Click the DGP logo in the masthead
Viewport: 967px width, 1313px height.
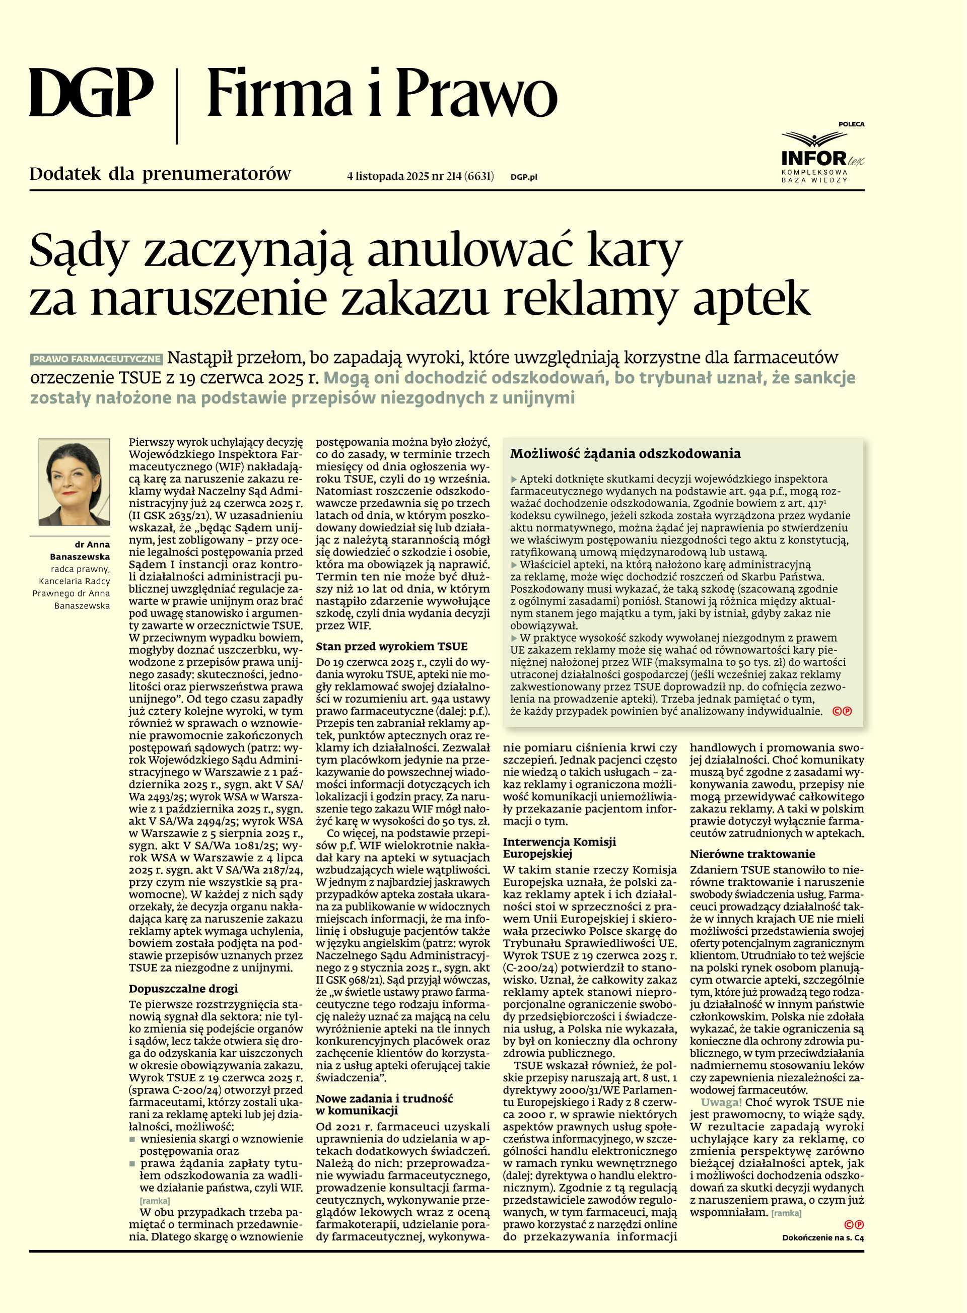coord(91,93)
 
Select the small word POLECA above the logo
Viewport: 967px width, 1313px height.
coord(851,124)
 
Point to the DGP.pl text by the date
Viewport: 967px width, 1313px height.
coord(523,177)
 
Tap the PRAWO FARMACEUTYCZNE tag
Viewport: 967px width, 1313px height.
coord(97,359)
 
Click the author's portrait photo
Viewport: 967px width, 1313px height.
coord(75,482)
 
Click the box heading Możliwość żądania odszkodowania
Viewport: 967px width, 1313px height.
coord(625,454)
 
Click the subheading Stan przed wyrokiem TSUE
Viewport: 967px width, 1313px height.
coord(392,647)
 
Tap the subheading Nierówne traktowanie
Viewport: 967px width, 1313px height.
coord(752,854)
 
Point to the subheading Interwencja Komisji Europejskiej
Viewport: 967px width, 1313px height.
coord(559,848)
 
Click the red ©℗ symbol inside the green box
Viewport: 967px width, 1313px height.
coord(842,711)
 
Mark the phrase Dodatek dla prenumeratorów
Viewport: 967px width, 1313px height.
coord(160,174)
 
